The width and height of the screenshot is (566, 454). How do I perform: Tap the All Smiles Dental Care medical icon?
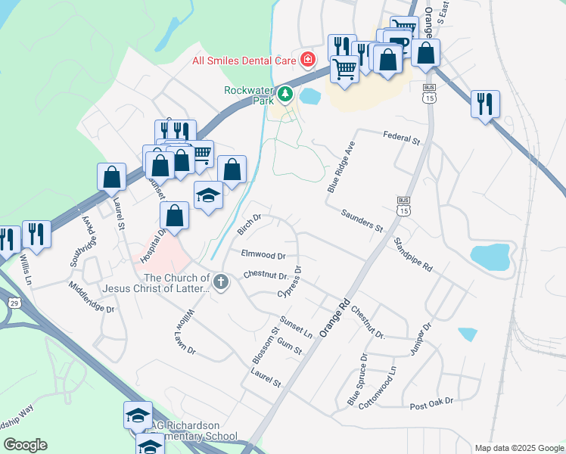tap(308, 59)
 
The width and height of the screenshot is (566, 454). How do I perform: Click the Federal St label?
tap(401, 139)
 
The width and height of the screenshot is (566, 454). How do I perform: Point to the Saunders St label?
tap(362, 221)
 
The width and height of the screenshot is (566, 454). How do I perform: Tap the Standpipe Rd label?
tap(412, 256)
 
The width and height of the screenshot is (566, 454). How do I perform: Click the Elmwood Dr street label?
tap(263, 256)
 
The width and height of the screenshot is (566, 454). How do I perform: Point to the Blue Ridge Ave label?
tap(341, 166)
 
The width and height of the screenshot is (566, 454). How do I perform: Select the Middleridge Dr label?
tap(91, 297)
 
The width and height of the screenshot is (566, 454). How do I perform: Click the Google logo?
tap(25, 445)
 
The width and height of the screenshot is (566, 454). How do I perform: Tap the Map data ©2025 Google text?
tap(519, 448)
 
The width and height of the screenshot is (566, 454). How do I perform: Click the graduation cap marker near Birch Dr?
tap(208, 194)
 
